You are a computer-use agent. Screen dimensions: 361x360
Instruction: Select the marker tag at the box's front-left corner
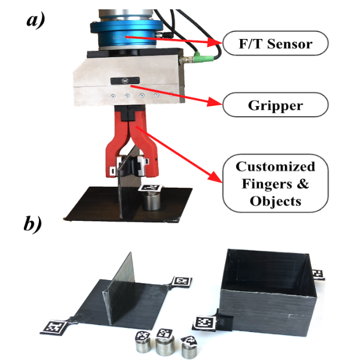(x=205, y=321)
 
